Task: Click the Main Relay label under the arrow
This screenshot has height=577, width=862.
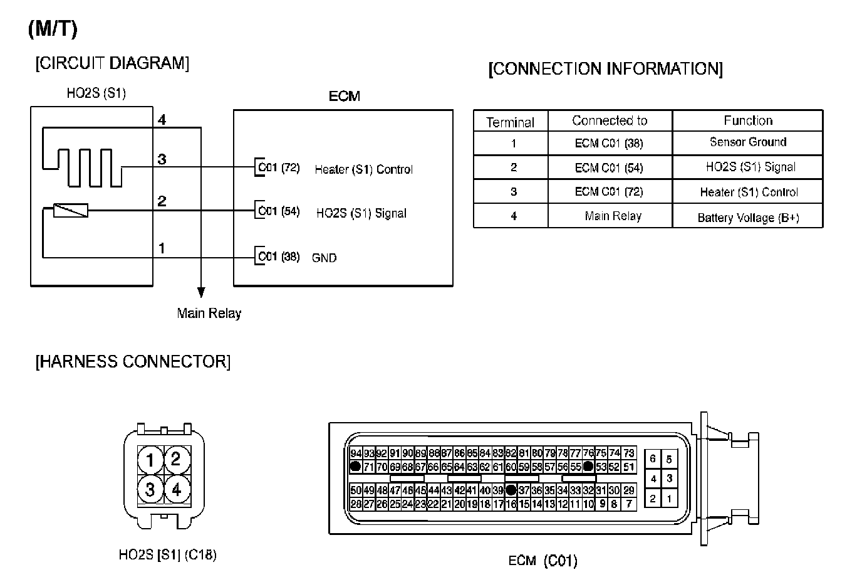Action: click(x=209, y=314)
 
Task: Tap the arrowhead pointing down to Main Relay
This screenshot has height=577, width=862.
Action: click(x=201, y=292)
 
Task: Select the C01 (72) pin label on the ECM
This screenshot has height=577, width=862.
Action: click(x=279, y=168)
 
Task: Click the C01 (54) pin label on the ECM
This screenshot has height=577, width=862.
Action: click(x=279, y=211)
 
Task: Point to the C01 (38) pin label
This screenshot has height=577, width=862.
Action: click(x=279, y=257)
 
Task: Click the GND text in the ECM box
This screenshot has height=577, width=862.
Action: click(x=324, y=258)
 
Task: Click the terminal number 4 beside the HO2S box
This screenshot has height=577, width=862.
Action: click(x=162, y=119)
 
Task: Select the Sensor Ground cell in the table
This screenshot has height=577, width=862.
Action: click(x=747, y=142)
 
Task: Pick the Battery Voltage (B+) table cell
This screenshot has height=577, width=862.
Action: click(x=747, y=218)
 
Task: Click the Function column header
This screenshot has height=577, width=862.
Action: click(x=747, y=120)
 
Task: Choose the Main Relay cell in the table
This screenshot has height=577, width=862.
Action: click(x=612, y=216)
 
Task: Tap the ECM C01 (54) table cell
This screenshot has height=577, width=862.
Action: click(x=608, y=167)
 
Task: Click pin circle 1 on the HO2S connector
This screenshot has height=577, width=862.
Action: click(x=150, y=460)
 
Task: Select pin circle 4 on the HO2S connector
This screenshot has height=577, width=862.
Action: click(x=177, y=488)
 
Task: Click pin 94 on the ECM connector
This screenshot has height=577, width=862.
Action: click(x=356, y=453)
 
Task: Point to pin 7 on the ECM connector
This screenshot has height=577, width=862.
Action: click(x=628, y=504)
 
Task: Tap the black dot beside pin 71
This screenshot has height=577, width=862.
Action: click(x=355, y=467)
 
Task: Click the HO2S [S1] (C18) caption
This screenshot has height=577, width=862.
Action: click(x=167, y=555)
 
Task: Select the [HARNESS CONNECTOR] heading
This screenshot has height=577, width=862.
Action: click(x=133, y=362)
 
